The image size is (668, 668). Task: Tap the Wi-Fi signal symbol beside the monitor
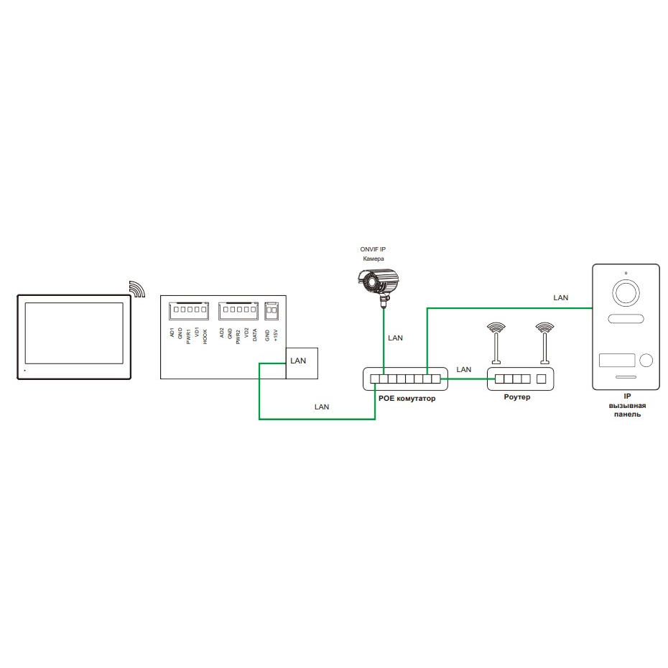(136, 288)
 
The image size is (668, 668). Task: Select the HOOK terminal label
(205, 337)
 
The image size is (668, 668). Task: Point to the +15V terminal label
(276, 336)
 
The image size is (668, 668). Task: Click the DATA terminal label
(255, 336)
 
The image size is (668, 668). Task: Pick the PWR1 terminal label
(188, 337)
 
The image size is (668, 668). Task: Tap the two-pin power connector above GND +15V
(272, 311)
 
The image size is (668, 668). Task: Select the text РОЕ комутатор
(406, 398)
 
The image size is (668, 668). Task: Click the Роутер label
(517, 397)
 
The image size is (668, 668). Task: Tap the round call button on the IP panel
(646, 361)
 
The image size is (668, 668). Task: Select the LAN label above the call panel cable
(560, 297)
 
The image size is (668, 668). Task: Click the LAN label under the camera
(394, 338)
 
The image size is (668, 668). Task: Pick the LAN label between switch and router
(464, 369)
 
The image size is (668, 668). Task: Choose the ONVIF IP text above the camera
(373, 249)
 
